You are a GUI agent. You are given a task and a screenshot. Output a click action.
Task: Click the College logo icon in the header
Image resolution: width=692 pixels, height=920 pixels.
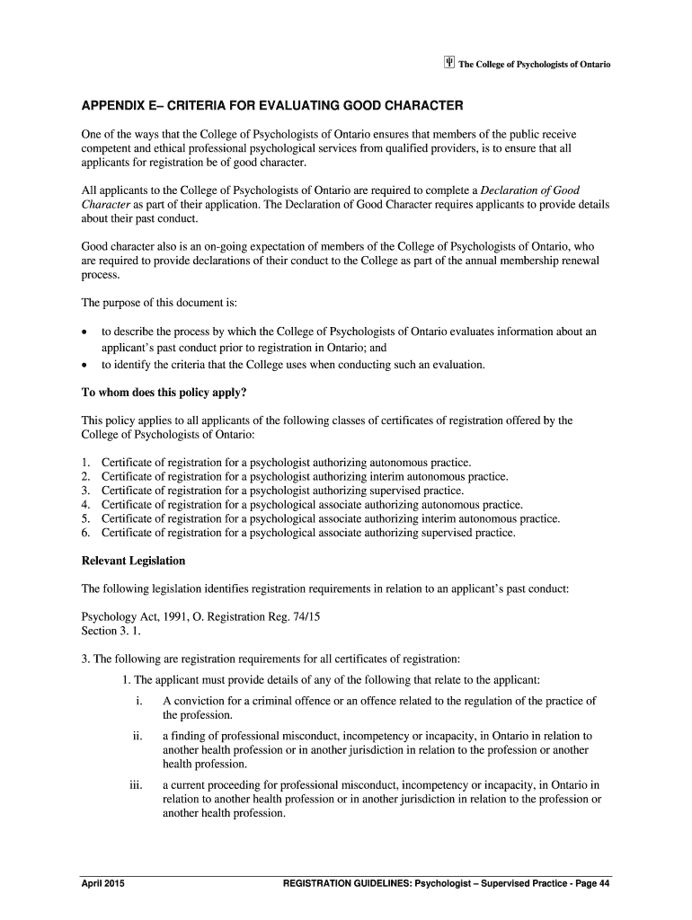pyautogui.click(x=449, y=64)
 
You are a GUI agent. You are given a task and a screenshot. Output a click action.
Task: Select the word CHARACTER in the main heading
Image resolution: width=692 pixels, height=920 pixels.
pyautogui.click(x=415, y=106)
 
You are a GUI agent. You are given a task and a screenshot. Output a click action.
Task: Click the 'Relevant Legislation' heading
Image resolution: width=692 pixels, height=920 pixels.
pyautogui.click(x=133, y=561)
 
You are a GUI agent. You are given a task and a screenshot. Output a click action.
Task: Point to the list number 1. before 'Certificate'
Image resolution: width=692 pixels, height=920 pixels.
pyautogui.click(x=86, y=463)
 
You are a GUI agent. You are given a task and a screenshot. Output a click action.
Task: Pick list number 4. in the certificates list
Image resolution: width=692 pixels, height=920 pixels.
pyautogui.click(x=86, y=505)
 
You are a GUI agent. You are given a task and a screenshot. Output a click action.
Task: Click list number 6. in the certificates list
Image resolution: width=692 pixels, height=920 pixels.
pyautogui.click(x=86, y=533)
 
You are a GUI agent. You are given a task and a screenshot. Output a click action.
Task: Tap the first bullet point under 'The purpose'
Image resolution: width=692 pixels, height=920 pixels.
pyautogui.click(x=84, y=332)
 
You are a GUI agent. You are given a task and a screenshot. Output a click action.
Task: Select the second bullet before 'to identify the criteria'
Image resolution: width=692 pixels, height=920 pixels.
pyautogui.click(x=84, y=366)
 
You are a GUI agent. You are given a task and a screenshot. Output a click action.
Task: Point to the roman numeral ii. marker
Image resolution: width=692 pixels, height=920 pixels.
pyautogui.click(x=138, y=736)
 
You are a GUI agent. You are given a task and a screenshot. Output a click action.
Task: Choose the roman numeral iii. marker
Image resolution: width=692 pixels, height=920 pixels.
pyautogui.click(x=136, y=784)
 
